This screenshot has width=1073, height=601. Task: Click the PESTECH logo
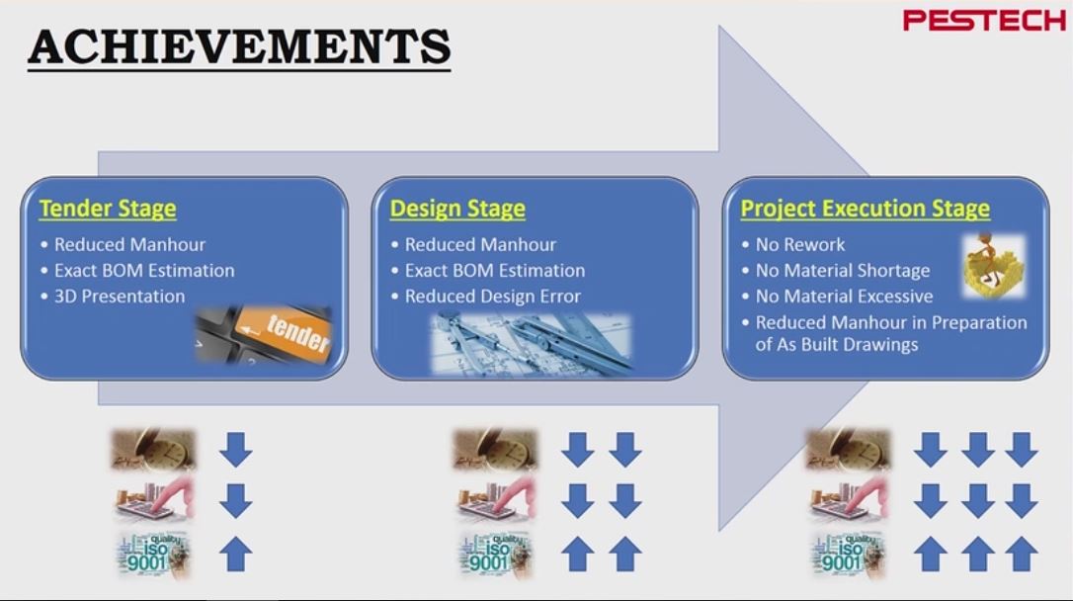[984, 20]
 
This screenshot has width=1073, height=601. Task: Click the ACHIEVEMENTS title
[239, 46]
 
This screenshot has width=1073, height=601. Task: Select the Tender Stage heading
[108, 209]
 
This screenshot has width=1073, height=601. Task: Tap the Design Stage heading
[457, 209]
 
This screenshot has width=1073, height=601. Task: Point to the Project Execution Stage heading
[865, 209]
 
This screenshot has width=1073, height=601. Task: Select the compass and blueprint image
[531, 343]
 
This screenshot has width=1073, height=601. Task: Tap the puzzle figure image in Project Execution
[993, 265]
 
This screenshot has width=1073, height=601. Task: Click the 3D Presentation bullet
[119, 296]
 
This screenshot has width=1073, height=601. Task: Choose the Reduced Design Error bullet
[492, 296]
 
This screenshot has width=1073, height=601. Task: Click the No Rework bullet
[799, 244]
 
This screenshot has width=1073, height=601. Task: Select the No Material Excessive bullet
[843, 296]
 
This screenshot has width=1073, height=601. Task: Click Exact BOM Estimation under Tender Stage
[144, 270]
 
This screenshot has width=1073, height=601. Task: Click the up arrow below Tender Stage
[235, 554]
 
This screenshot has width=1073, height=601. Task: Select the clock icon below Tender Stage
[153, 450]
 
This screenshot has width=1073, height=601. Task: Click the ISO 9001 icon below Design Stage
[496, 554]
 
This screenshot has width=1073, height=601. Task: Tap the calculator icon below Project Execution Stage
[848, 501]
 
